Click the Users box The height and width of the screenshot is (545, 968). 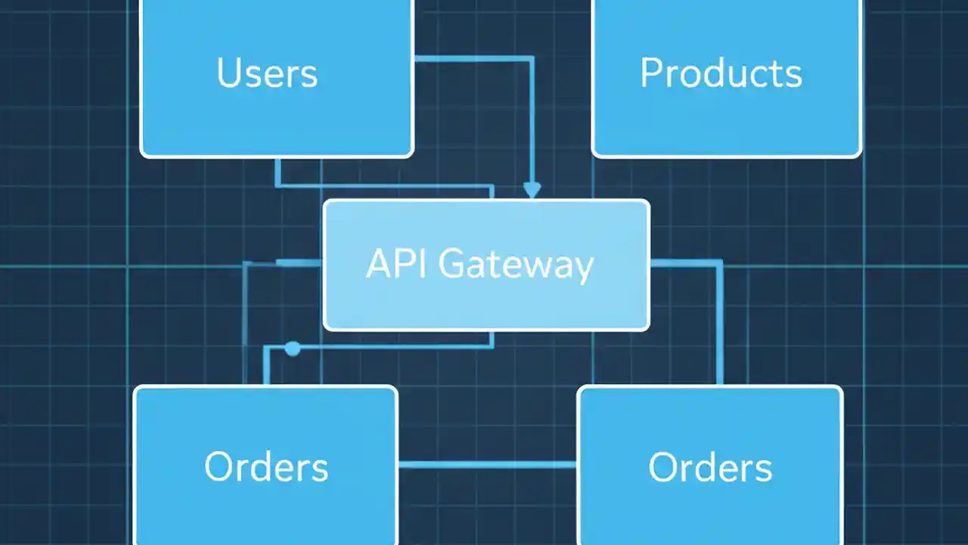[x=277, y=114]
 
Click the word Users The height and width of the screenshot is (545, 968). [x=267, y=73]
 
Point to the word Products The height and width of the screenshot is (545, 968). [x=721, y=73]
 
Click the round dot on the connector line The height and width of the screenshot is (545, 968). [x=293, y=348]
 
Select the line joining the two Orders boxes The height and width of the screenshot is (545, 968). [x=487, y=464]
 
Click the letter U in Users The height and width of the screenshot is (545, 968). [x=229, y=73]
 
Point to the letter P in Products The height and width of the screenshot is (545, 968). [x=652, y=73]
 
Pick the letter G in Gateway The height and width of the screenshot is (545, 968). [x=452, y=264]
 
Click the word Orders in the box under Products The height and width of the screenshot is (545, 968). [x=710, y=467]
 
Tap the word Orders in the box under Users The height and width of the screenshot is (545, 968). [x=266, y=467]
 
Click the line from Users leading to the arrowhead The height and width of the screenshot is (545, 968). [x=484, y=58]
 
